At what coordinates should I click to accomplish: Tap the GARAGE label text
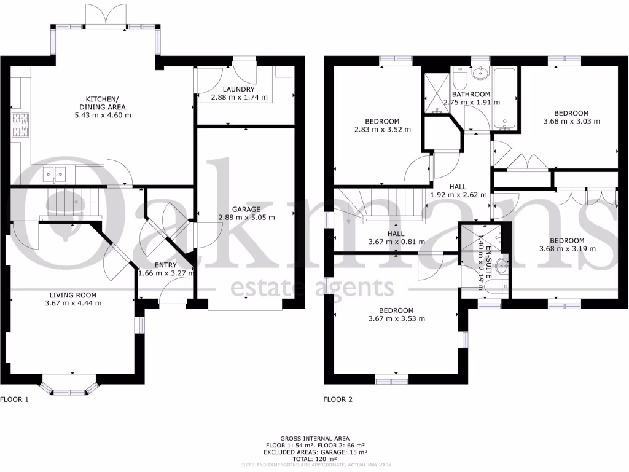[x=246, y=209]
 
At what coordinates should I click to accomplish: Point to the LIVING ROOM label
[x=73, y=294]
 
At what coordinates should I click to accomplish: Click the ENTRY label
[x=166, y=265]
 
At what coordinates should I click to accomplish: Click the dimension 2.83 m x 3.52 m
[x=382, y=129]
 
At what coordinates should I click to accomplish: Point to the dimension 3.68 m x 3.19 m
[x=566, y=249]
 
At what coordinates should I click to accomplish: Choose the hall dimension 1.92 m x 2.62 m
[x=458, y=195]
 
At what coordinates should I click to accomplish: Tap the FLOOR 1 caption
[x=15, y=399]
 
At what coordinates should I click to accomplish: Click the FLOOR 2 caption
[x=338, y=399]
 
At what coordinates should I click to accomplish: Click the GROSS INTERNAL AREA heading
[x=314, y=438]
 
